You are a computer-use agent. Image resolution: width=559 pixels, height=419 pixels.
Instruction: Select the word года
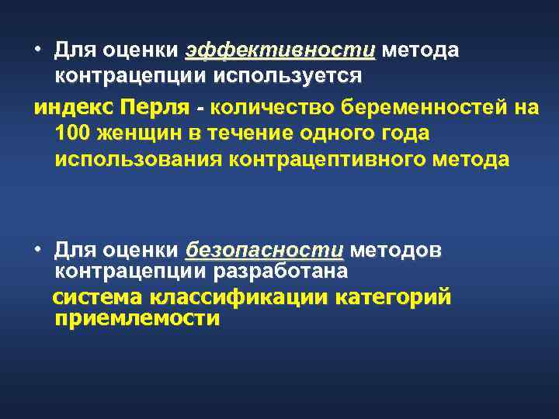398,133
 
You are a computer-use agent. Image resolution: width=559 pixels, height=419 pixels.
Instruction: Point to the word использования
139,160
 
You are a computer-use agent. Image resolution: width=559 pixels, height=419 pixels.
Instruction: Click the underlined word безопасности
264,251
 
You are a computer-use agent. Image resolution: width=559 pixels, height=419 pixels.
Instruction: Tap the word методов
397,251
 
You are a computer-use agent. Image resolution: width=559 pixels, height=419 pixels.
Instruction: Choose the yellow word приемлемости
137,318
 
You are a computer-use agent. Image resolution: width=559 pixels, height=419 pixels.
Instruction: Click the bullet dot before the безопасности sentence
36,250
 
